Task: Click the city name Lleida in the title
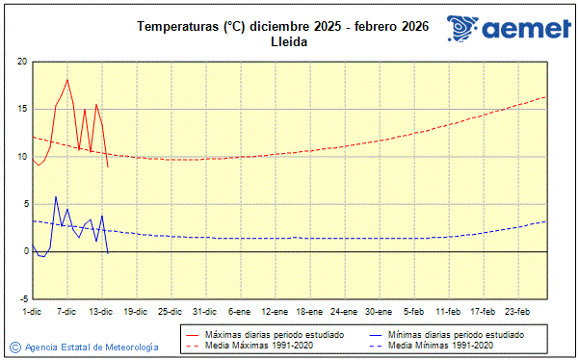pyautogui.click(x=288, y=43)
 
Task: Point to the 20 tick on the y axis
pyautogui.click(x=21, y=62)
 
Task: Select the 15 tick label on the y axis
pyautogui.click(x=21, y=109)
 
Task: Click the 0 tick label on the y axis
pyautogui.click(x=24, y=251)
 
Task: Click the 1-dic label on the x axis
pyautogui.click(x=32, y=311)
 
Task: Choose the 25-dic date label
pyautogui.click(x=171, y=311)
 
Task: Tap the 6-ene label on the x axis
pyautogui.click(x=240, y=311)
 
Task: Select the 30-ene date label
pyautogui.click(x=379, y=311)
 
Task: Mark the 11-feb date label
pyautogui.click(x=448, y=311)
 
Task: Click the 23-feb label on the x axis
pyautogui.click(x=517, y=311)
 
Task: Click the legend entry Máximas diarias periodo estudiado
pyautogui.click(x=269, y=333)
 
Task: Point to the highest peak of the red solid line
pyautogui.click(x=67, y=80)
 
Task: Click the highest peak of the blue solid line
pyautogui.click(x=56, y=196)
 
